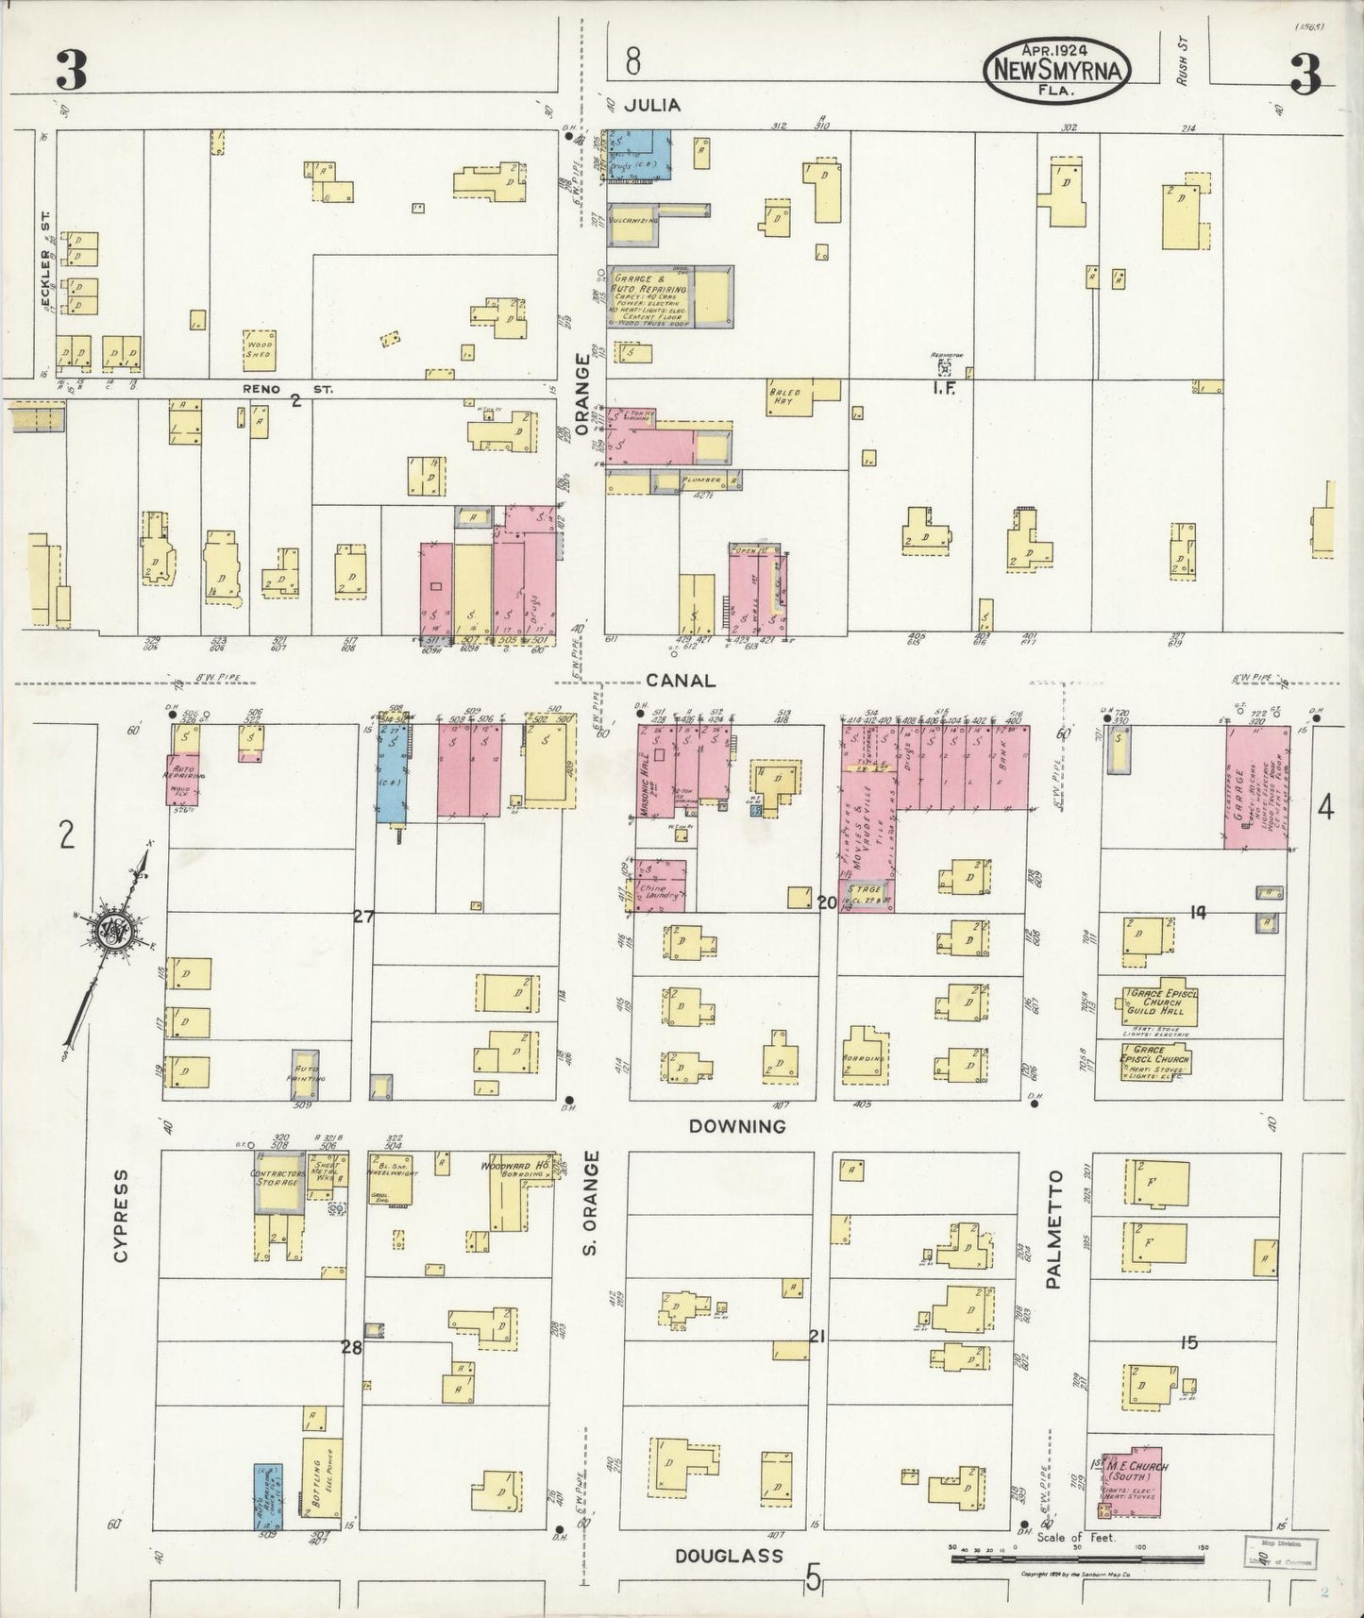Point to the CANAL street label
[x=681, y=680]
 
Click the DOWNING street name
[x=737, y=1125]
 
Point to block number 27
[x=363, y=915]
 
